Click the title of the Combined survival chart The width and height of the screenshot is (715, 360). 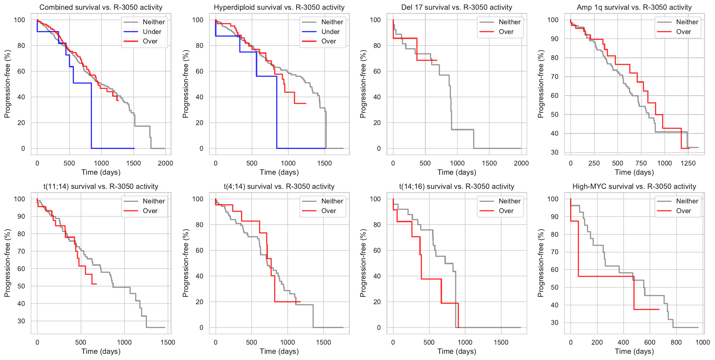coord(101,7)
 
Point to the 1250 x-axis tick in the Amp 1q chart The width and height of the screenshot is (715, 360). coord(688,163)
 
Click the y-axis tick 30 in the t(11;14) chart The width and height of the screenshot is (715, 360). coord(21,321)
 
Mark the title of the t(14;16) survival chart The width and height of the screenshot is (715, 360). coord(457,186)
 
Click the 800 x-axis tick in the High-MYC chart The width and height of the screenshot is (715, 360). coord(676,342)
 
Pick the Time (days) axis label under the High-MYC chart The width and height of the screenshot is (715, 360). coord(634,351)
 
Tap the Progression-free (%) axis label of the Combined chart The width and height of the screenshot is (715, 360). coord(7,84)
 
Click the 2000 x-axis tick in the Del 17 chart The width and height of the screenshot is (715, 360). coord(521,163)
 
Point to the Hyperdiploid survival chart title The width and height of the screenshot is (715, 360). coord(279,7)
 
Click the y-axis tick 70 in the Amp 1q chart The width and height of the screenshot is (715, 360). coord(554,77)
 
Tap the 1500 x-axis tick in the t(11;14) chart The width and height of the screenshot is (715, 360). coord(168,342)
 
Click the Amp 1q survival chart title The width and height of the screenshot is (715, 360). coord(634,7)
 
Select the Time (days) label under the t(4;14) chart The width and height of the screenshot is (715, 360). coord(279,351)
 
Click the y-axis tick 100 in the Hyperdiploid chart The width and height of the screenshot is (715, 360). coord(198,20)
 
